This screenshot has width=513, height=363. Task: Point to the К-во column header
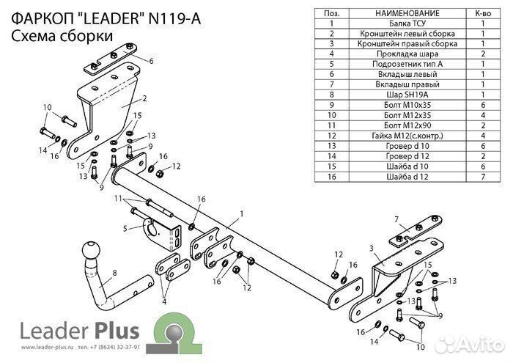[483, 13]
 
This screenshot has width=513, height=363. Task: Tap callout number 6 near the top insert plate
[151, 61]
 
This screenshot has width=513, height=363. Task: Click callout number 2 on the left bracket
[144, 98]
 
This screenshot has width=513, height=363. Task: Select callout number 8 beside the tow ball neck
[114, 274]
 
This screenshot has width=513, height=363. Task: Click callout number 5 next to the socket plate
[125, 229]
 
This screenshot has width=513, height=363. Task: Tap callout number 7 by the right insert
[396, 219]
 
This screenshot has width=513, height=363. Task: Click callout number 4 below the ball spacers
[165, 301]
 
